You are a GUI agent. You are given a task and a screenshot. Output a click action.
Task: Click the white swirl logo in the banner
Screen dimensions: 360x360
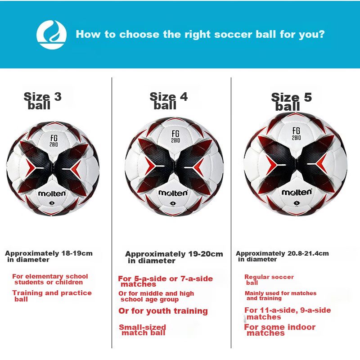coord(51,35)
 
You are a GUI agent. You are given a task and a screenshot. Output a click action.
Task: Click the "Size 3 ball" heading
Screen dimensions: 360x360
coord(42,101)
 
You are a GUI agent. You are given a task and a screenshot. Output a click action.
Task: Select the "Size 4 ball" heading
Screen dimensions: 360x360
coord(168,101)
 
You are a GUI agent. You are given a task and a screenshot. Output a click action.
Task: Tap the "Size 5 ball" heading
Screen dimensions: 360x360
coord(291,102)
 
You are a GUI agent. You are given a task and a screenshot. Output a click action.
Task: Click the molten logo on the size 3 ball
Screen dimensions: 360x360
coord(52,193)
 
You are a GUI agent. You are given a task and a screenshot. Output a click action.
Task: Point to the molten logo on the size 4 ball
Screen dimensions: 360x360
coord(173,193)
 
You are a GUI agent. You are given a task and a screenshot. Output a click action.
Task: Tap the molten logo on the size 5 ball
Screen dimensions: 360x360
coord(297,192)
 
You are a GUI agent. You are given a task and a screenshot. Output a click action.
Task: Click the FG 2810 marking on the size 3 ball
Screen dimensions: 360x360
coord(54,141)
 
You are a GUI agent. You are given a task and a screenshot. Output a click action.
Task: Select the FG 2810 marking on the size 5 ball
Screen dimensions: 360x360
coord(296,134)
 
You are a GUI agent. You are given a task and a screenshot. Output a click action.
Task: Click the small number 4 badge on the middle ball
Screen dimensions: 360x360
coord(173,203)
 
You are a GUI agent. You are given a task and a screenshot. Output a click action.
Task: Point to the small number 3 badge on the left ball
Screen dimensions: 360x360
coord(52,203)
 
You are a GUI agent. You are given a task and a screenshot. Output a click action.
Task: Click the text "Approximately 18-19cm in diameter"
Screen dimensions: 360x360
coord(49,256)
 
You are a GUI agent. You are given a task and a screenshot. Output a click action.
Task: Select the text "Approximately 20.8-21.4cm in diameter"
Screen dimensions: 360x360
coord(282,256)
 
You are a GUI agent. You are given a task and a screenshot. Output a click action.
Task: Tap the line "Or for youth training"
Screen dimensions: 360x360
coord(163,311)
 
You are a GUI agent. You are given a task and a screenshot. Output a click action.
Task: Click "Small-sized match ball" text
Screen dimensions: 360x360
coord(142,330)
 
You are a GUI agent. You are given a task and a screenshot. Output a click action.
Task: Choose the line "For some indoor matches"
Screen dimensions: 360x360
coord(279,330)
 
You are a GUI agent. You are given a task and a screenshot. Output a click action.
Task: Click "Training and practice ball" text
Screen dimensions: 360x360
coord(52,296)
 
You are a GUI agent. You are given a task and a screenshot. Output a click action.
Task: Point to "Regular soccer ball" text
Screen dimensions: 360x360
coord(269,279)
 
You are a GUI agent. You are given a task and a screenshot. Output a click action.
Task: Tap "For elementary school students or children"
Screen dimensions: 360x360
coord(50,279)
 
